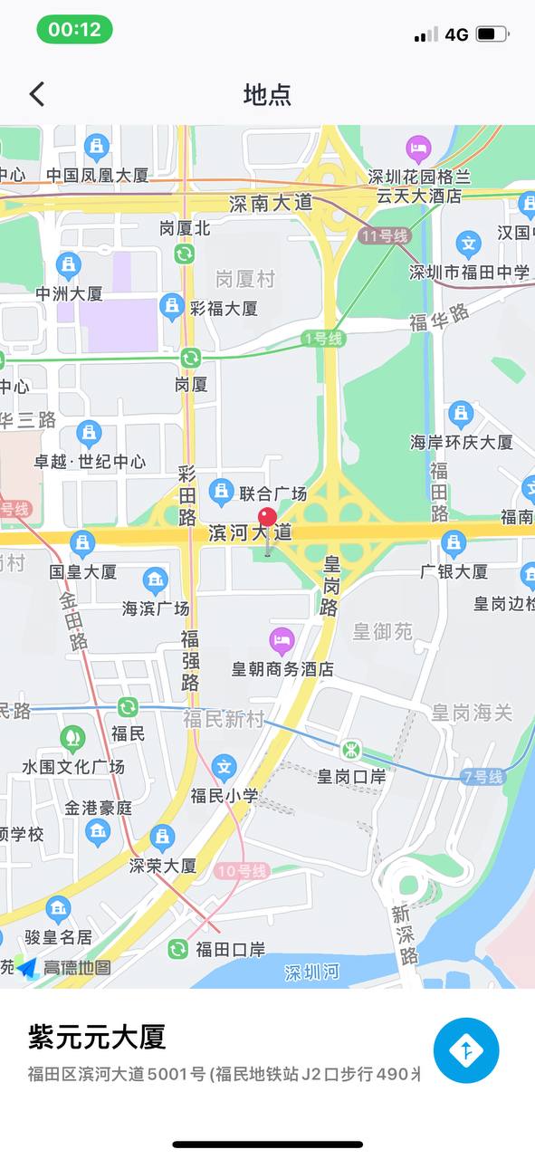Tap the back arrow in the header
tap(37, 93)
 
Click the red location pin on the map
tap(267, 519)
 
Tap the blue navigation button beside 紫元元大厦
tap(466, 1050)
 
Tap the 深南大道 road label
tap(270, 203)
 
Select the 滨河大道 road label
tap(250, 532)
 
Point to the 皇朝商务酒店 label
tap(282, 669)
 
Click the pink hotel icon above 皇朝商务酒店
tap(282, 641)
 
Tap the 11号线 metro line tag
tap(384, 236)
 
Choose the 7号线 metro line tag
tap(482, 776)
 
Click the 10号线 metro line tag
tap(243, 871)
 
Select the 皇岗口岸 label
tap(351, 776)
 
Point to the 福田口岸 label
tap(230, 949)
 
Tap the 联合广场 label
tap(272, 493)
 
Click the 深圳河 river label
tap(311, 972)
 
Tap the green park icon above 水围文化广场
tap(72, 739)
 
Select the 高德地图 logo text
tap(77, 967)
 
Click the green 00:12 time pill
tap(74, 29)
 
